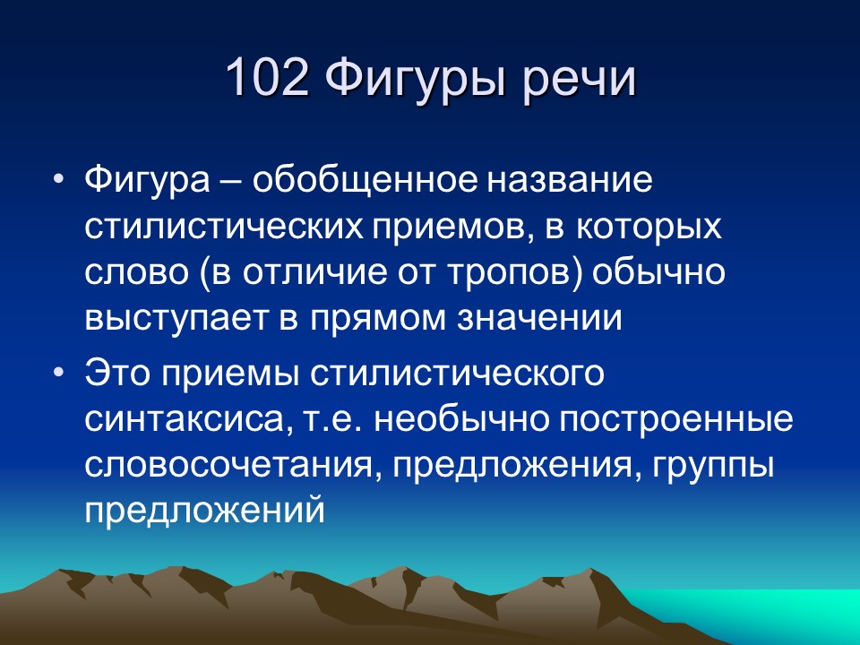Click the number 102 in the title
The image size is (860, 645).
(x=267, y=79)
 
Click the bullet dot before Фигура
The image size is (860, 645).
(x=59, y=178)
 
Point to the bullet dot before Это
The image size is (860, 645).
(x=59, y=372)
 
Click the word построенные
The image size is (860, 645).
(x=674, y=419)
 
